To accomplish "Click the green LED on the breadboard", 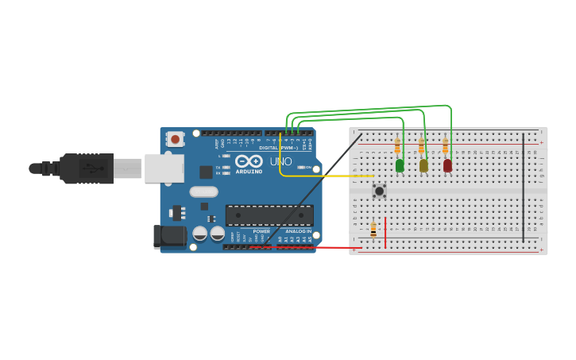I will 400,165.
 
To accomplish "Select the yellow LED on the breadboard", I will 423,165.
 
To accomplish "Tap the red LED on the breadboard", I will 447,165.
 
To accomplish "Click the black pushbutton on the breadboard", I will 380,191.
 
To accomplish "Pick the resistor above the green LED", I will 397,146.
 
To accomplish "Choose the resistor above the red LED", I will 445,146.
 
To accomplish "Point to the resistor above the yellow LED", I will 421,146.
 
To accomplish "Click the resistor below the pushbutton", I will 373,229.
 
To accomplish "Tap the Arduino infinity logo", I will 248,161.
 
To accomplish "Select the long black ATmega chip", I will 269,215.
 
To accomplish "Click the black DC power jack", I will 169,236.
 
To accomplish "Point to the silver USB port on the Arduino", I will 164,168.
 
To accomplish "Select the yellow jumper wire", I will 326,176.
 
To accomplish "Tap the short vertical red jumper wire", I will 385,232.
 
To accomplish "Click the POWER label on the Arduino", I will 261,231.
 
